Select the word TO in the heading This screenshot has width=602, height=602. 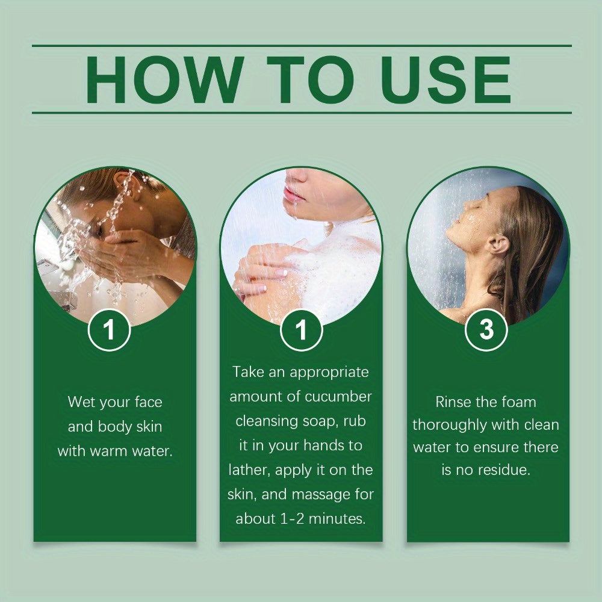(x=310, y=79)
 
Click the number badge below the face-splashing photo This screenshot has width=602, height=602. (x=109, y=330)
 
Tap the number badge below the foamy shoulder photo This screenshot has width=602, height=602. (x=302, y=330)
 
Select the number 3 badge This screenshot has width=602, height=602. (x=486, y=330)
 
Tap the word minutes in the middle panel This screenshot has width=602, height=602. (x=337, y=519)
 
